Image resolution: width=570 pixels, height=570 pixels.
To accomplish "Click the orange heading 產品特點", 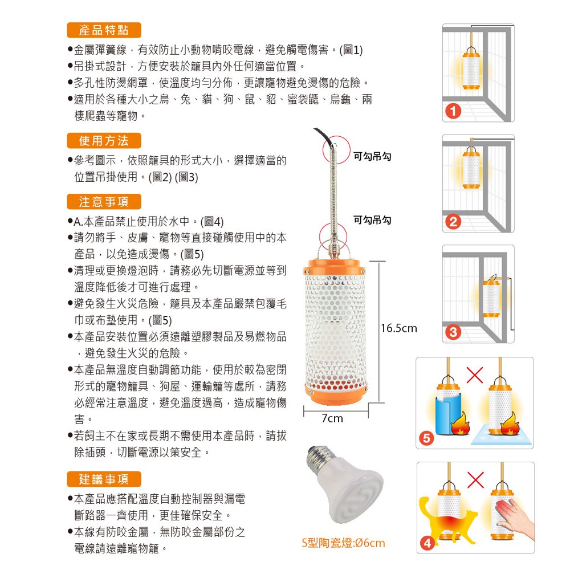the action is click(104, 30).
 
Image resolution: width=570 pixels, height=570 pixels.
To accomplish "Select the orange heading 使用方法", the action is click(104, 141).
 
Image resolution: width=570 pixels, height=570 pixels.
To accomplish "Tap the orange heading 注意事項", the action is click(104, 202).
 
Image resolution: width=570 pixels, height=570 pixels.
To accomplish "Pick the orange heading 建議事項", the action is click(104, 479).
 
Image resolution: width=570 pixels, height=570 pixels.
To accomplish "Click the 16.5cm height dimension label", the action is click(399, 328).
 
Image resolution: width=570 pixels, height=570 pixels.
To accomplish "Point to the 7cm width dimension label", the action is click(332, 418).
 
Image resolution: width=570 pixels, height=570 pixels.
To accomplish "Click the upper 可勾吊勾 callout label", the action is click(372, 157).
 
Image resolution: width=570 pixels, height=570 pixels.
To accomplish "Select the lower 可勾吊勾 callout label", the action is click(372, 220).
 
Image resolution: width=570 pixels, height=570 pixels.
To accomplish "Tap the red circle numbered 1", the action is click(453, 111).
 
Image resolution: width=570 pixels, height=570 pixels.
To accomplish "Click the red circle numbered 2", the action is click(453, 221).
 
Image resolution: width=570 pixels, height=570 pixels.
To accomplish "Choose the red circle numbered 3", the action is click(453, 332).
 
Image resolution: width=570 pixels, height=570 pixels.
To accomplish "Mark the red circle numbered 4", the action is click(427, 543).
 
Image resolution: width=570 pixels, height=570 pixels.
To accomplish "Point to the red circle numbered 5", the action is click(426, 438).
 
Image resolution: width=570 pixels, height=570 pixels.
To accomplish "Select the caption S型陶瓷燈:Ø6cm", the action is click(343, 543).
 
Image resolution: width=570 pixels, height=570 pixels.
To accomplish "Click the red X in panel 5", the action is click(475, 375).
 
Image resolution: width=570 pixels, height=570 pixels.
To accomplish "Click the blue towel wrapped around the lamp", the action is click(448, 414).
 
